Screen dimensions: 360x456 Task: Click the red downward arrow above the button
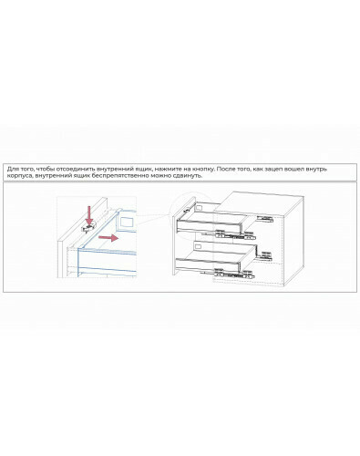click(x=88, y=215)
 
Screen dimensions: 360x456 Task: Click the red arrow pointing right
click(x=108, y=238)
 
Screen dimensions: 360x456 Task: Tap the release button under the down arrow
click(x=88, y=227)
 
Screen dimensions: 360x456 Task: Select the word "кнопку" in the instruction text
click(x=204, y=169)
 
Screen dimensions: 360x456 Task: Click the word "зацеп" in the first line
click(x=273, y=169)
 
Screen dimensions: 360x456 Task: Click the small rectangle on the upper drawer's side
click(x=200, y=207)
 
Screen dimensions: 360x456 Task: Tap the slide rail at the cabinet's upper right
click(x=265, y=218)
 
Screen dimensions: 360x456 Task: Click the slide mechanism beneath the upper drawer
click(x=234, y=234)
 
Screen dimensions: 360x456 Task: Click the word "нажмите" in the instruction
click(x=167, y=169)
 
